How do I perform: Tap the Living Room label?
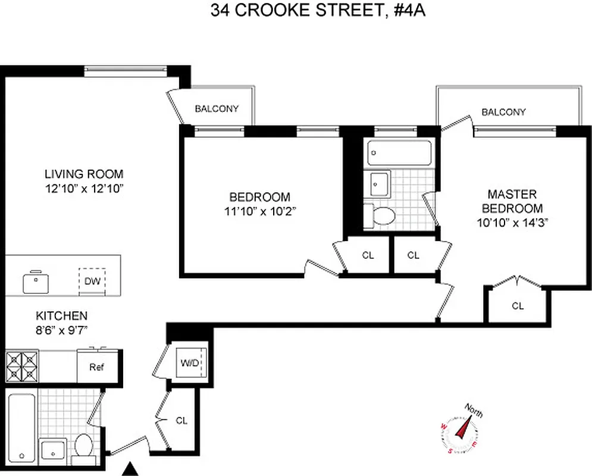(x=84, y=174)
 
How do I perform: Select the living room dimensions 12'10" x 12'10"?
(x=84, y=187)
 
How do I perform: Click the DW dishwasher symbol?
(x=92, y=280)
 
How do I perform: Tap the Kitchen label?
(x=62, y=316)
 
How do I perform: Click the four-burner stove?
(x=23, y=367)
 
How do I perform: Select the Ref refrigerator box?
(x=97, y=367)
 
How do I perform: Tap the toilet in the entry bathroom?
(x=84, y=447)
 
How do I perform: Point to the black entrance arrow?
(x=133, y=469)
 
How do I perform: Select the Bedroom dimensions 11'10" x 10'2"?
(x=260, y=210)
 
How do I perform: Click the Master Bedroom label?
(x=512, y=201)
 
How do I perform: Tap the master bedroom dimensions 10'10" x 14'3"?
(x=512, y=223)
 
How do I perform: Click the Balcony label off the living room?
(x=217, y=109)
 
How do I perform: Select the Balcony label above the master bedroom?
(x=503, y=112)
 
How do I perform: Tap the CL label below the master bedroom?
(x=518, y=306)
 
